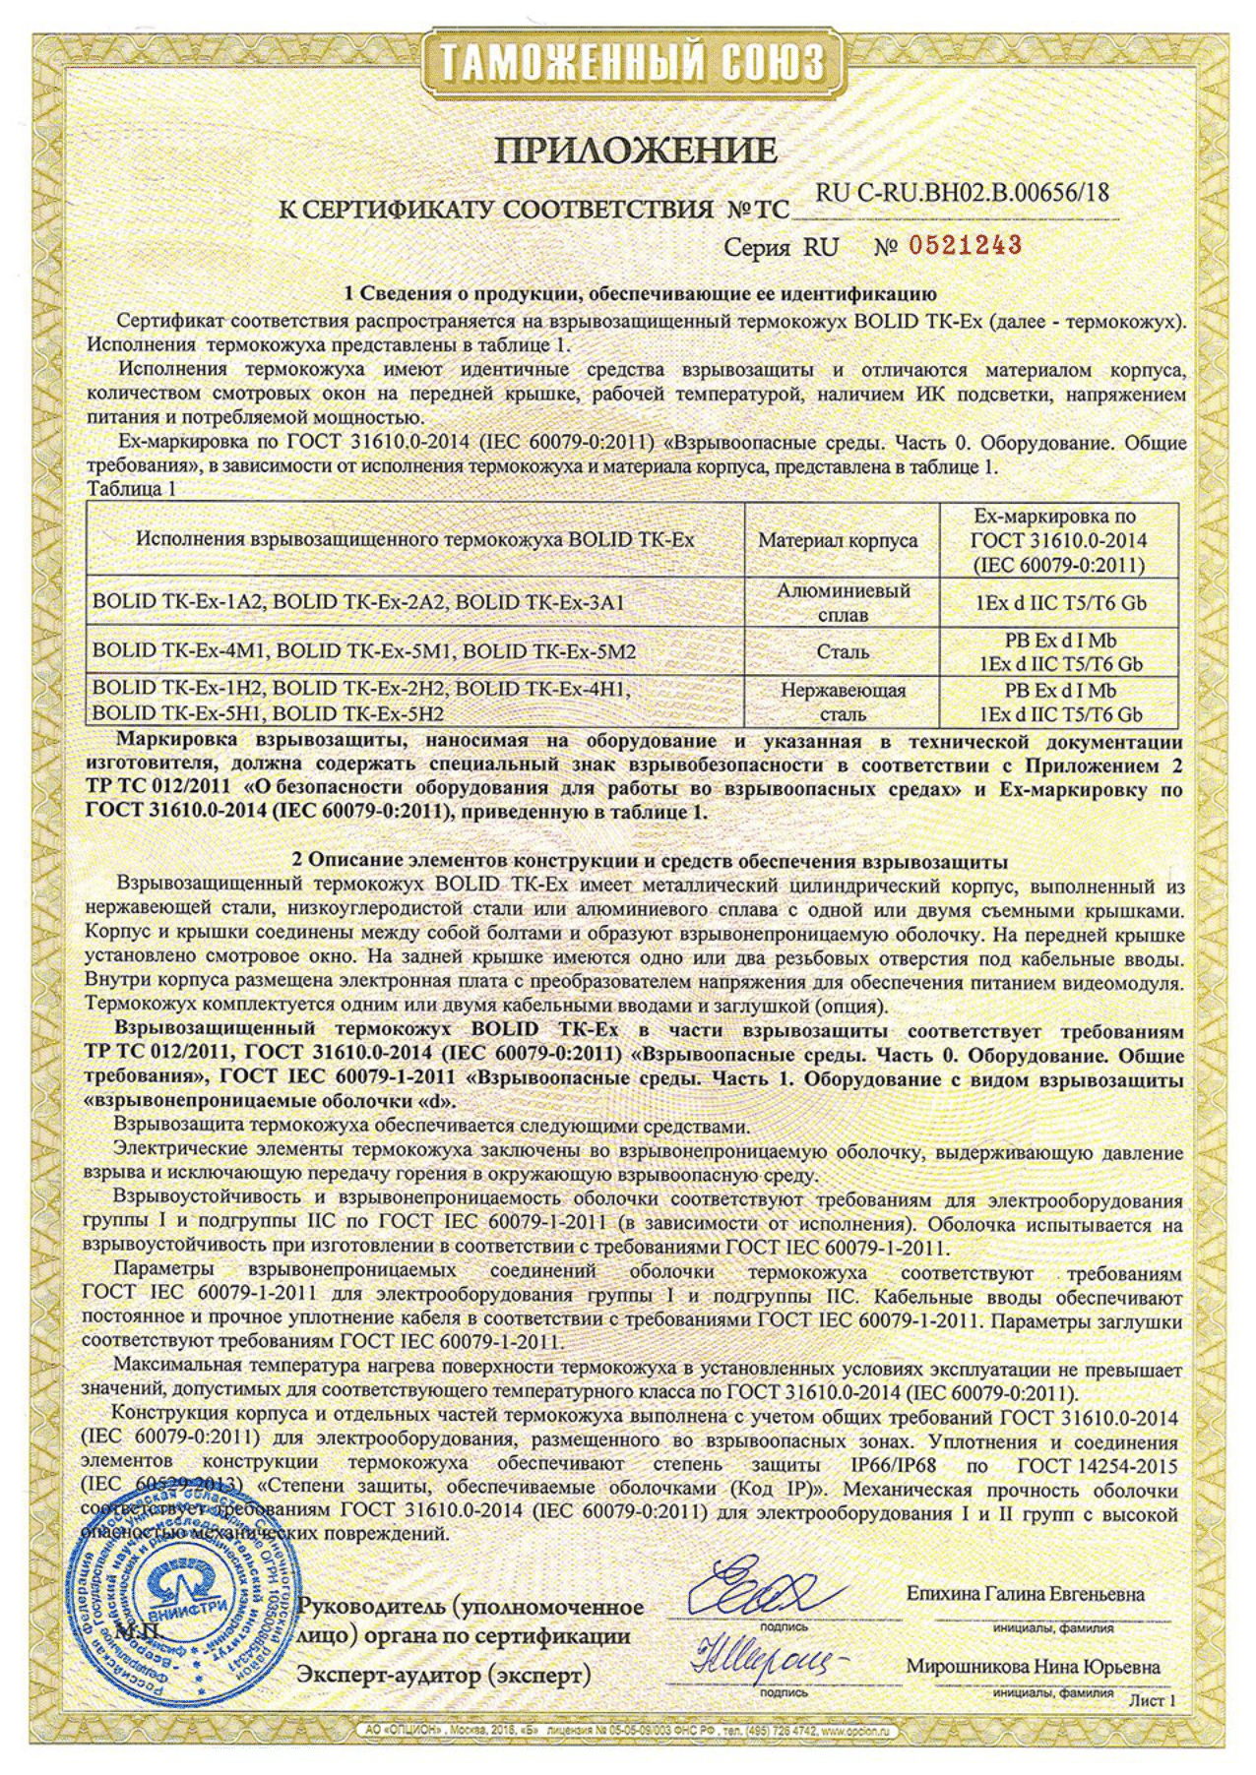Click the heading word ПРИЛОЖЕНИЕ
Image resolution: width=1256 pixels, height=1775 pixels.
(636, 151)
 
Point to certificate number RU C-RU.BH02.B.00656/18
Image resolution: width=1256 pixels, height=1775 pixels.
(963, 194)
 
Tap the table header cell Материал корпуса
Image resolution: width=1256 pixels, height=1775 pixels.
(839, 540)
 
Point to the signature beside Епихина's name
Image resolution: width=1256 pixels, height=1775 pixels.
(774, 1587)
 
